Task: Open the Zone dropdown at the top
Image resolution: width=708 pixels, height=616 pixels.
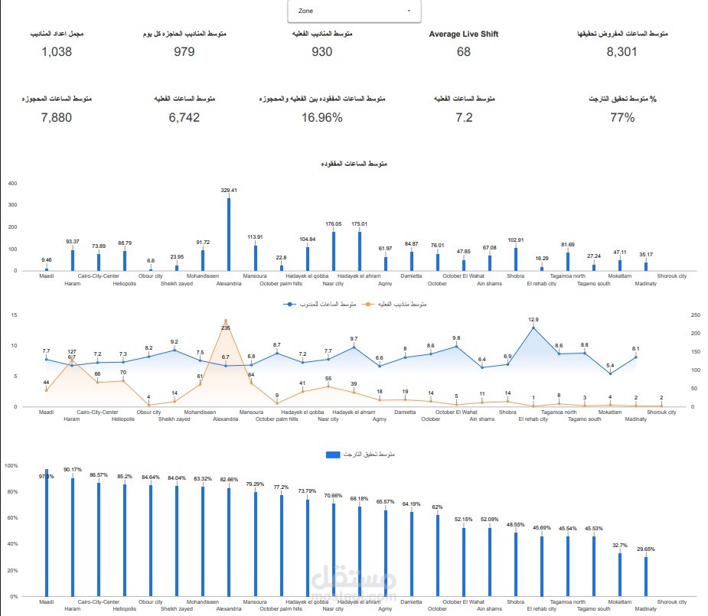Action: [354, 11]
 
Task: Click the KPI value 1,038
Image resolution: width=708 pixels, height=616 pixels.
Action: [57, 52]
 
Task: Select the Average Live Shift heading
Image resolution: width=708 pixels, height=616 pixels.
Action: [464, 34]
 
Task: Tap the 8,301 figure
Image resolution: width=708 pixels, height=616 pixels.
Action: [622, 52]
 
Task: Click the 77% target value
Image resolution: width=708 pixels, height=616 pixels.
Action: [622, 117]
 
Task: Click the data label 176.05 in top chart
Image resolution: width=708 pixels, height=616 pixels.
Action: [333, 224]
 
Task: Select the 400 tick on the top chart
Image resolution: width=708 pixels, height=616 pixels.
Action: [11, 184]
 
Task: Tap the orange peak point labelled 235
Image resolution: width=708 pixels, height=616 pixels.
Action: [226, 321]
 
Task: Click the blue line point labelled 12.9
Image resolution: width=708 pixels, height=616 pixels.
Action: [533, 328]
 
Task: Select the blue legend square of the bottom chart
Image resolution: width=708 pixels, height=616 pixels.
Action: [331, 455]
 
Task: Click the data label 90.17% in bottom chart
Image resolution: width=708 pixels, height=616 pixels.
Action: [73, 469]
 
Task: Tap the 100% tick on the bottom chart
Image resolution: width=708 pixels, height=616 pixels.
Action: [11, 465]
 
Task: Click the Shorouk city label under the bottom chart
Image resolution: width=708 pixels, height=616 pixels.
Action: [672, 602]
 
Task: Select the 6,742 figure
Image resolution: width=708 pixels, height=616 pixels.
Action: [184, 117]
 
